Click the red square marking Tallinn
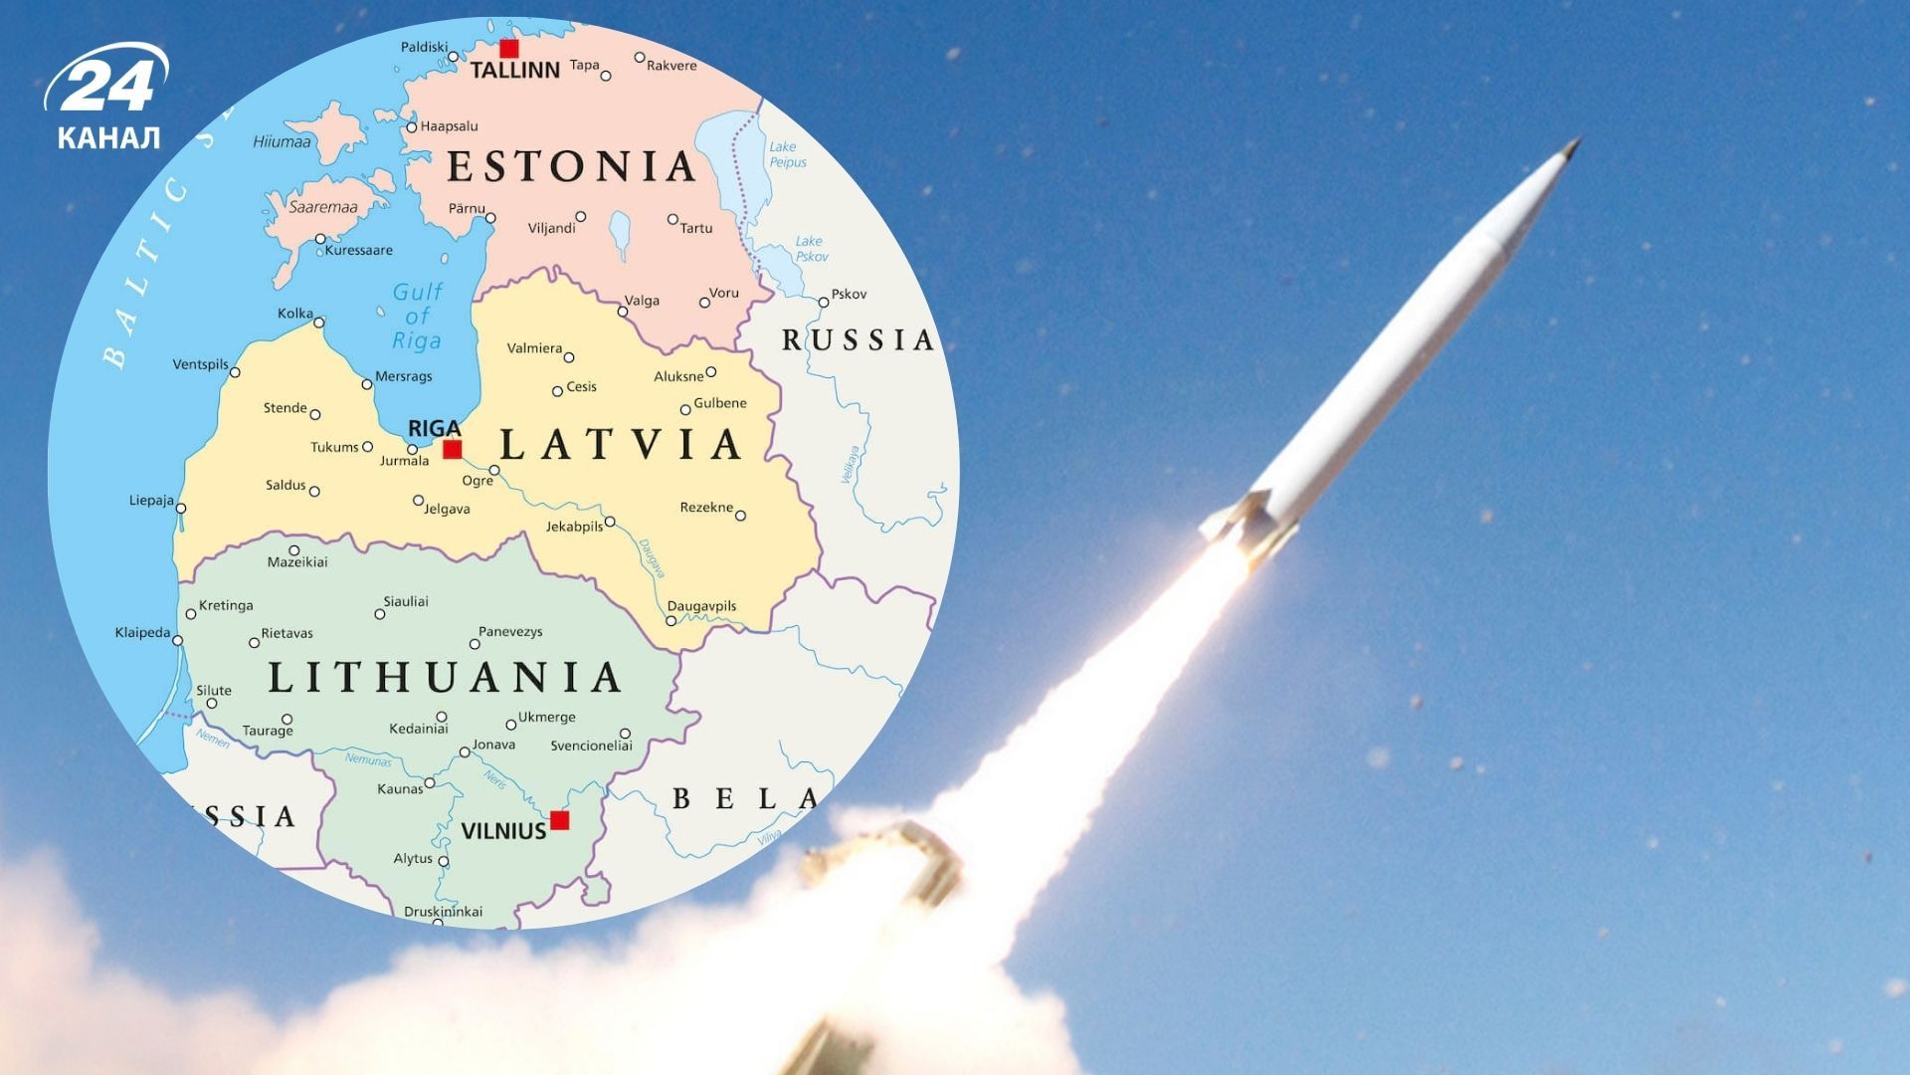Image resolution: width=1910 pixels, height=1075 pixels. (509, 48)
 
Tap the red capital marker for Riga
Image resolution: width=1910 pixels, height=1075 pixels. (453, 449)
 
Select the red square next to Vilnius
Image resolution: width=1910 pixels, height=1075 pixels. (560, 820)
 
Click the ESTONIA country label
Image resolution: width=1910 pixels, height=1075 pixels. (571, 166)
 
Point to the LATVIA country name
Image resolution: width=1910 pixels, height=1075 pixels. (622, 444)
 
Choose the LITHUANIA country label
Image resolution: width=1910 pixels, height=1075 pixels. (445, 678)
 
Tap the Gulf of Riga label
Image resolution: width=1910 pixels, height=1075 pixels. (417, 317)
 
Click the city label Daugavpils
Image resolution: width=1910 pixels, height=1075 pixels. (701, 606)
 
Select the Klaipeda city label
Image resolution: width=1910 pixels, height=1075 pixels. (142, 632)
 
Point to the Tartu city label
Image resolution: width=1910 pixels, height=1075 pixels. (696, 228)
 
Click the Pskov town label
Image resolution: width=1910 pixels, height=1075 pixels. (849, 294)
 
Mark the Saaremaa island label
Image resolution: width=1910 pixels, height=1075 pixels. (322, 207)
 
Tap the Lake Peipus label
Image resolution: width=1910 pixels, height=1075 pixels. (787, 154)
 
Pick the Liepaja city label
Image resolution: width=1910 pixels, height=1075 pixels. (151, 501)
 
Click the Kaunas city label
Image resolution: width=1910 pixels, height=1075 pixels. (400, 789)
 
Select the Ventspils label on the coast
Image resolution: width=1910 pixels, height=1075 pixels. (200, 364)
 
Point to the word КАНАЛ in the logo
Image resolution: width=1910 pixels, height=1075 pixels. (108, 137)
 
